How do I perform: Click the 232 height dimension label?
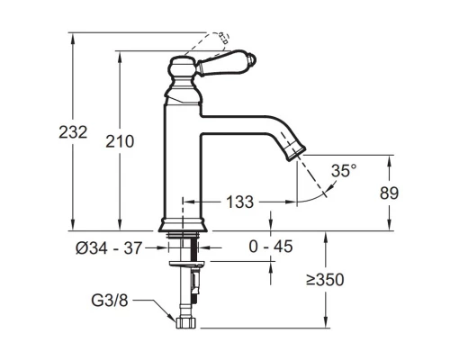73,132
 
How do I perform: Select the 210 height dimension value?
120,141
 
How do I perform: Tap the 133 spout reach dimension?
239,202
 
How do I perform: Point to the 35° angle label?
344,171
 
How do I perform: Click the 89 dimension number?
389,193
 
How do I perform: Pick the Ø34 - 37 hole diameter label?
108,248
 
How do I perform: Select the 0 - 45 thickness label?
271,247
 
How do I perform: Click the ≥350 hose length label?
325,280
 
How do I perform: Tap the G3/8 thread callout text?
110,301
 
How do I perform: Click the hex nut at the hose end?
185,323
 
